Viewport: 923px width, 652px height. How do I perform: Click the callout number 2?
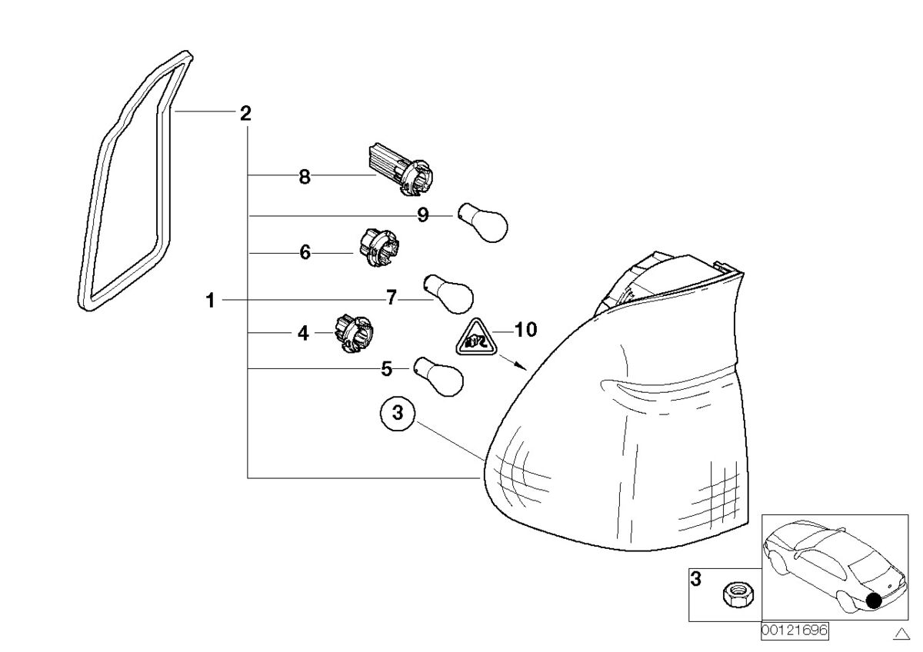[245, 115]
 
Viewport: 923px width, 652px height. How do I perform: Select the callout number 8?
[305, 177]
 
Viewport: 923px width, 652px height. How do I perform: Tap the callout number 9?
[423, 215]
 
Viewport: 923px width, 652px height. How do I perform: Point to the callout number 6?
[305, 252]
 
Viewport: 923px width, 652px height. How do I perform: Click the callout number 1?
[211, 301]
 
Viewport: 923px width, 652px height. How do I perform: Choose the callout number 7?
[392, 298]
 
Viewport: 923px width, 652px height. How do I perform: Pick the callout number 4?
[303, 333]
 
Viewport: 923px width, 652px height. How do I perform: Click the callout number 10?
[525, 331]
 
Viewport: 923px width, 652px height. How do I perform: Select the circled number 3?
[398, 414]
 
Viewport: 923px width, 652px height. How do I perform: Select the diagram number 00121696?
[795, 630]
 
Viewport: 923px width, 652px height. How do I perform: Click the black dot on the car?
[874, 600]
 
